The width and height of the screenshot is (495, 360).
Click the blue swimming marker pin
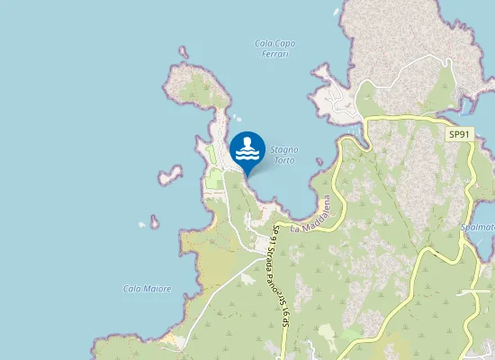(247, 150)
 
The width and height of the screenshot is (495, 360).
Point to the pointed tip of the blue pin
(247, 175)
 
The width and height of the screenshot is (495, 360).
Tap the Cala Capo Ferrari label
(275, 49)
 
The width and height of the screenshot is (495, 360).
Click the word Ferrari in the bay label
(275, 55)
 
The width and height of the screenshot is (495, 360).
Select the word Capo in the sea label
(285, 43)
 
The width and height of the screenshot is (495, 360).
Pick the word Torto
(284, 160)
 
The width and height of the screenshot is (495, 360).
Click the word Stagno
(284, 149)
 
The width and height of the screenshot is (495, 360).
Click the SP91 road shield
(459, 134)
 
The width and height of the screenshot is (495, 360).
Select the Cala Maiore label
(147, 289)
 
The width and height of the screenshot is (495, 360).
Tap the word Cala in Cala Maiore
(131, 289)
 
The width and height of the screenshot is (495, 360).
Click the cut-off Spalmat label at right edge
(478, 229)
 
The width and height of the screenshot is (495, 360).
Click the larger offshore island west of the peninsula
(169, 175)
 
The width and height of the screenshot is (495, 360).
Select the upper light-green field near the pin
(209, 153)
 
